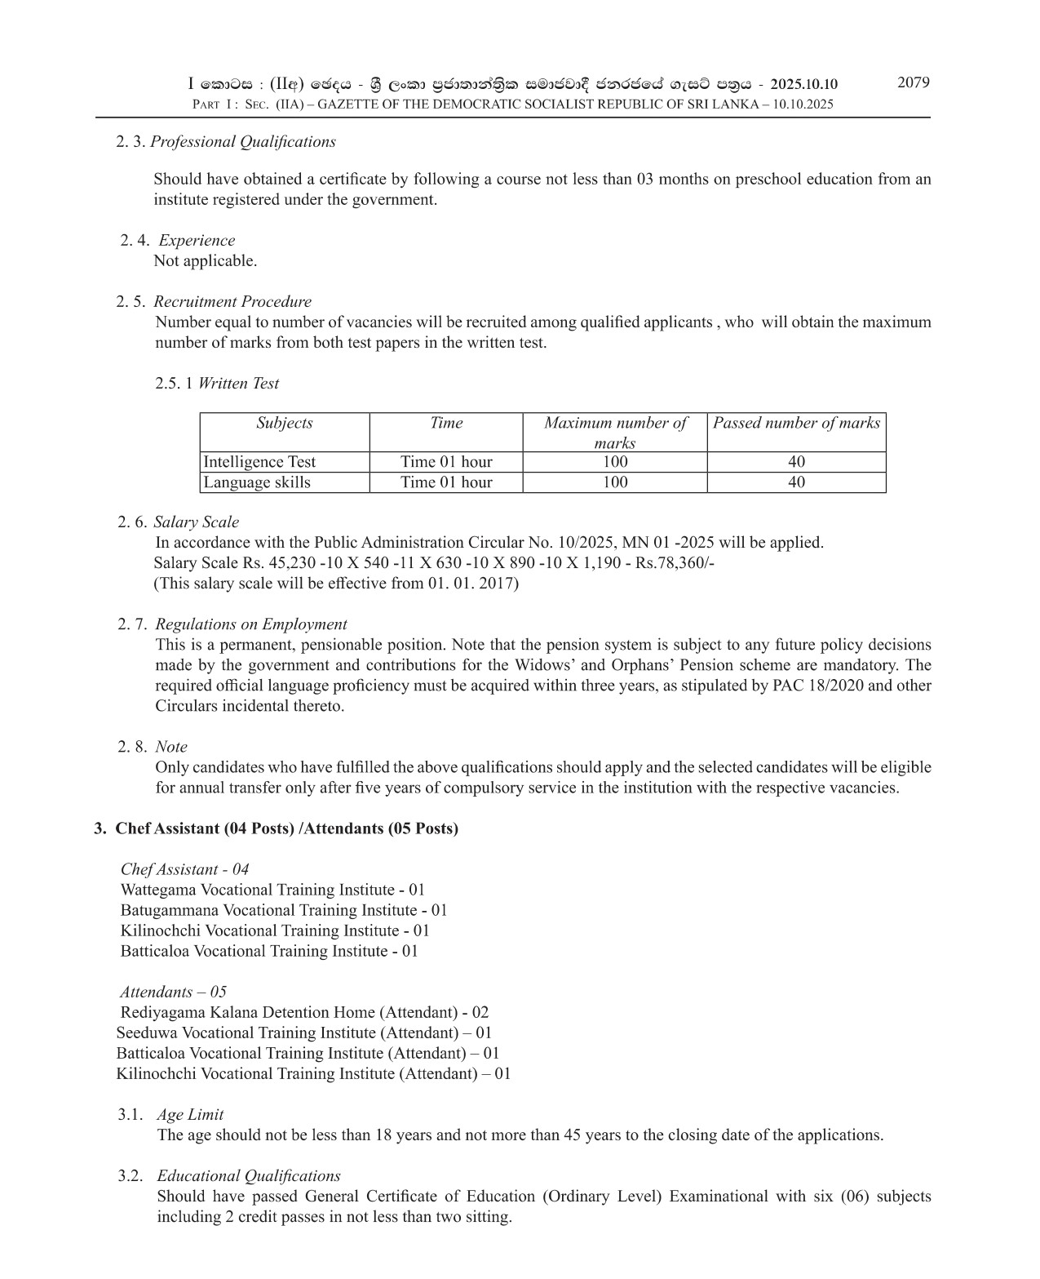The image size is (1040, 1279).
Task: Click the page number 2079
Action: point(913,82)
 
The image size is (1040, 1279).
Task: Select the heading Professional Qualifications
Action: point(243,141)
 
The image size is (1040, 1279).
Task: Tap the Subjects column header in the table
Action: point(284,423)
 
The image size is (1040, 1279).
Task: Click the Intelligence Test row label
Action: point(259,462)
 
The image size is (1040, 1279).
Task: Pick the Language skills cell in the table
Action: point(257,482)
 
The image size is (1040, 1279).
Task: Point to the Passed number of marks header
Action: point(796,423)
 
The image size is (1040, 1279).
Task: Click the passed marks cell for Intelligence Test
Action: point(796,462)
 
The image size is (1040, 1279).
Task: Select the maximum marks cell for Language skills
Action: point(614,482)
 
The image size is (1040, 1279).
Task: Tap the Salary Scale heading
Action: point(196,522)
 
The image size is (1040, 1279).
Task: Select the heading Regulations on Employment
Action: point(250,624)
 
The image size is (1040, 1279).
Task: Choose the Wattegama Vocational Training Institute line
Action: point(272,890)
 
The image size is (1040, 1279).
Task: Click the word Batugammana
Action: point(169,910)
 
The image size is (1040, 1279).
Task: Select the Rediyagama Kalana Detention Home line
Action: point(304,1012)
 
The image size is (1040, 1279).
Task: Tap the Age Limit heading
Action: point(189,1115)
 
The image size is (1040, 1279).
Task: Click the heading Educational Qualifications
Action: point(248,1176)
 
